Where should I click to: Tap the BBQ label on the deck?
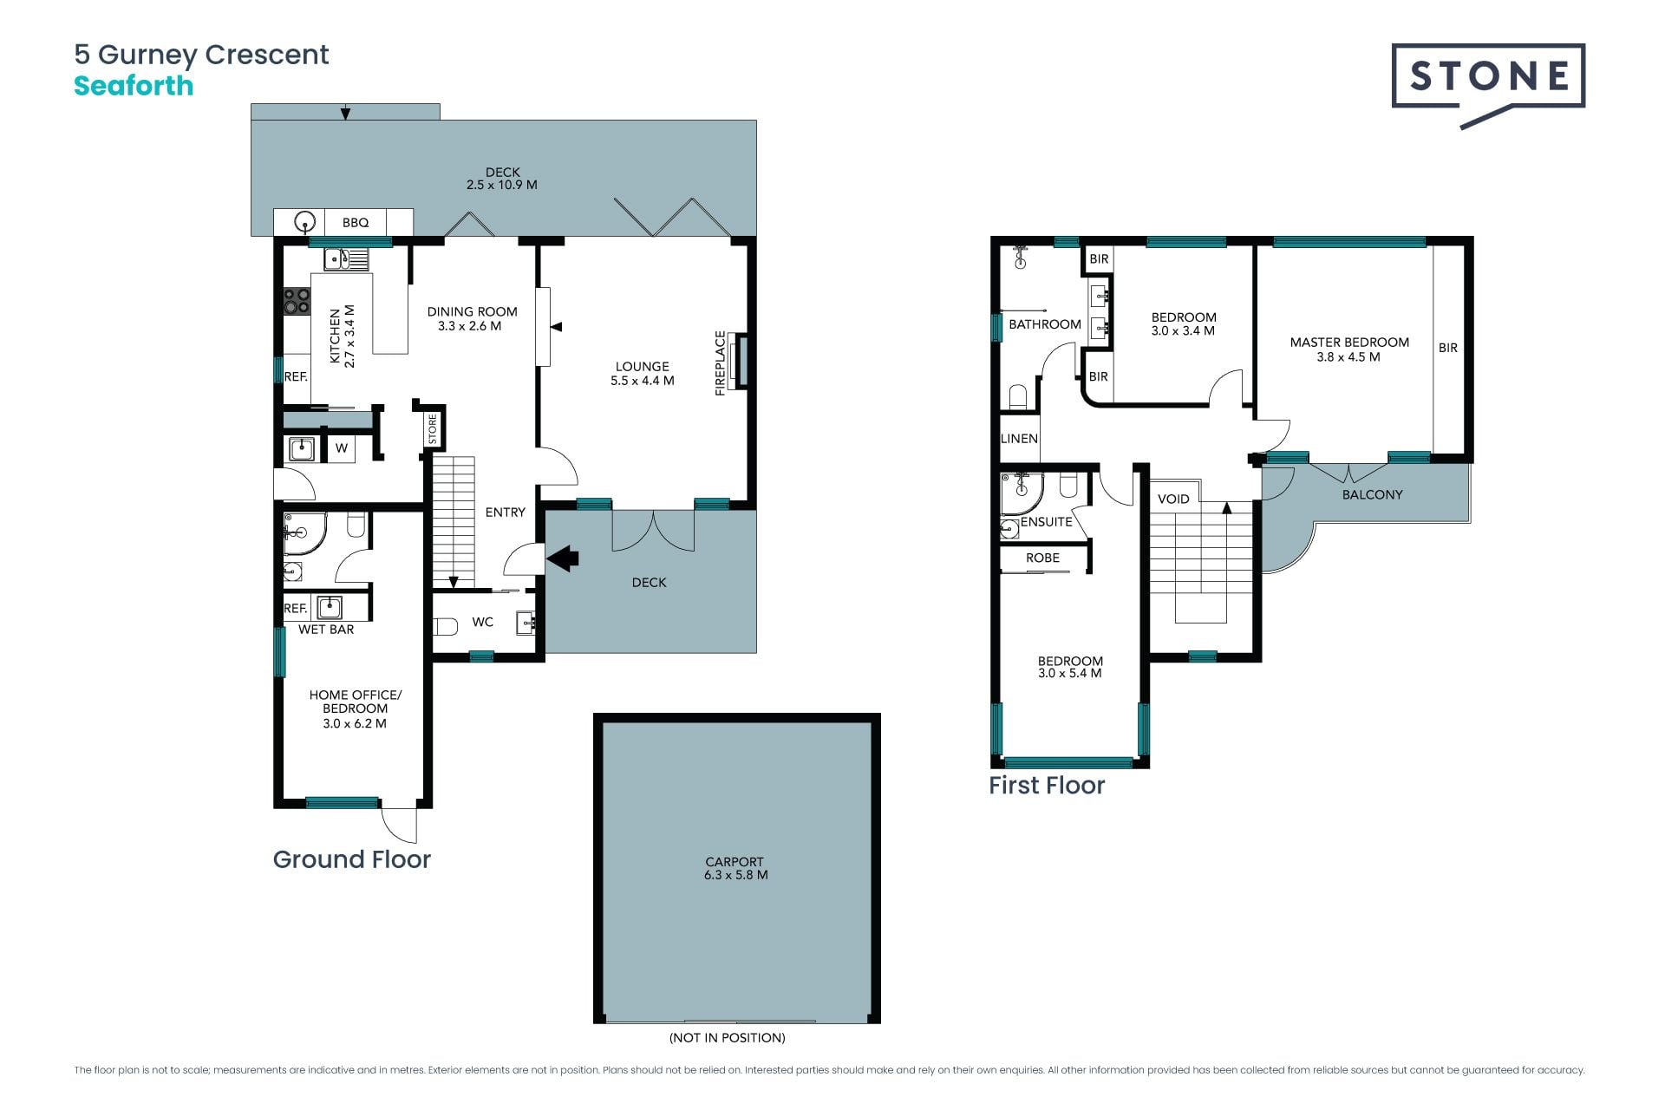pyautogui.click(x=356, y=223)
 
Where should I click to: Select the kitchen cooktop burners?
pyautogui.click(x=297, y=301)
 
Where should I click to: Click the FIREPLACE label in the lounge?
pyautogui.click(x=720, y=363)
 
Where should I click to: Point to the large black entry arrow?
pyautogui.click(x=563, y=558)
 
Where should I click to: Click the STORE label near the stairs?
pyautogui.click(x=433, y=429)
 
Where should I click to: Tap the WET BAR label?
pyautogui.click(x=326, y=630)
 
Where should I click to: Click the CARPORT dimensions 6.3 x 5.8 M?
pyautogui.click(x=736, y=875)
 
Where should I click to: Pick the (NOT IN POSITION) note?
pyautogui.click(x=728, y=1038)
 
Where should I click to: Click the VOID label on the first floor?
pyautogui.click(x=1173, y=499)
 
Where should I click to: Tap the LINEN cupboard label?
pyautogui.click(x=1019, y=439)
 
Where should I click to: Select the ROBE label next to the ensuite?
pyautogui.click(x=1042, y=558)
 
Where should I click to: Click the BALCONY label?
pyautogui.click(x=1372, y=494)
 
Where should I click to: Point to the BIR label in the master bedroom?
pyautogui.click(x=1448, y=348)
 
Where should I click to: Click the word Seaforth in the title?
pyautogui.click(x=134, y=86)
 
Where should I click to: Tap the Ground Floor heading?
pyautogui.click(x=351, y=859)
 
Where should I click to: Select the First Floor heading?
pyautogui.click(x=1047, y=786)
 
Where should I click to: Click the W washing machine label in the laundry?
pyautogui.click(x=342, y=448)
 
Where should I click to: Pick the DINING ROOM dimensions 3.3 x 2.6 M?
pyautogui.click(x=469, y=326)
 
